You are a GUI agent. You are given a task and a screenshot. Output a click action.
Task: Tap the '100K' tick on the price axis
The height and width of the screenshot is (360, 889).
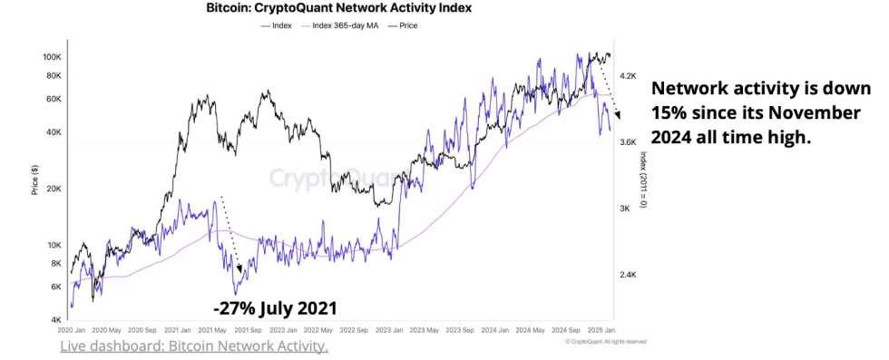(x=52, y=56)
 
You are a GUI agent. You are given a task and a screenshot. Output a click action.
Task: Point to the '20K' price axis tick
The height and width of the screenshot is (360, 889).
(x=54, y=189)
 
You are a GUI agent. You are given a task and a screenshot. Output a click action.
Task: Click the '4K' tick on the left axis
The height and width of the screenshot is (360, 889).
(x=55, y=320)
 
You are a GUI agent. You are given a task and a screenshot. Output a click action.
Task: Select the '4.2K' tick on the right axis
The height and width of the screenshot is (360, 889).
(x=630, y=77)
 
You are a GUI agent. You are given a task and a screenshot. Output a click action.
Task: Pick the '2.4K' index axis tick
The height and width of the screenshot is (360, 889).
(x=630, y=275)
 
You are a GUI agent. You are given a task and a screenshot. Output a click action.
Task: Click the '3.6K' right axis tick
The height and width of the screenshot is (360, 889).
(x=630, y=141)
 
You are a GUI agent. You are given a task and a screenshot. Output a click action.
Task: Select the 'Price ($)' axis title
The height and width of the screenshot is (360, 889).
(x=34, y=179)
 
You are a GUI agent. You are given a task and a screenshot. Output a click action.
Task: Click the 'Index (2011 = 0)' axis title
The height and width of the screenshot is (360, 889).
(x=642, y=180)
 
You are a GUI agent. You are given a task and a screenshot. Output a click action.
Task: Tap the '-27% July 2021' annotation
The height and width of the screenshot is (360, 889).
(x=274, y=308)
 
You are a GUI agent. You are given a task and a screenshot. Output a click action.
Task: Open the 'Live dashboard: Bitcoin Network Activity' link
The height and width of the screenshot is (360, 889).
(x=194, y=346)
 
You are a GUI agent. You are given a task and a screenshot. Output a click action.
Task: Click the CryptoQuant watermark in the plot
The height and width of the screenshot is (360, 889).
(x=334, y=176)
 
